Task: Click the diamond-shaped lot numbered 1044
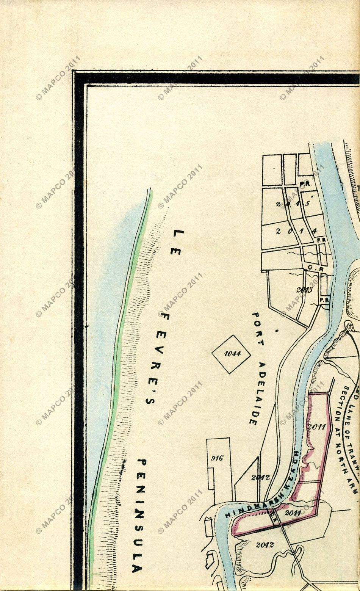click(231, 354)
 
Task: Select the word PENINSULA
click(139, 516)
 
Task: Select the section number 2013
click(304, 290)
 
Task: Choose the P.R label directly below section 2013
click(324, 300)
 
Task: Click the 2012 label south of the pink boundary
click(265, 545)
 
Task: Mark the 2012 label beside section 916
click(260, 477)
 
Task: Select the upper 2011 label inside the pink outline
click(316, 426)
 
